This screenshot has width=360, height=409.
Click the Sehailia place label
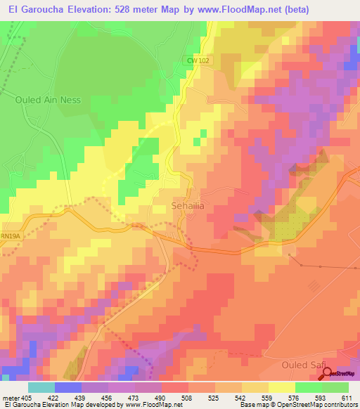coord(187,207)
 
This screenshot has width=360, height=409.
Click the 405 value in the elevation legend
coord(27,398)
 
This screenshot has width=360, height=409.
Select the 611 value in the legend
coord(348,398)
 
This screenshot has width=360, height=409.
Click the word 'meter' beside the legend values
coord(10,398)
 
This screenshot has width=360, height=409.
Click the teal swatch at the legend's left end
coord(41,387)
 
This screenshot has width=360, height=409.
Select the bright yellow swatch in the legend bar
coord(281,387)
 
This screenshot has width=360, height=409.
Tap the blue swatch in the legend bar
coord(68,387)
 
